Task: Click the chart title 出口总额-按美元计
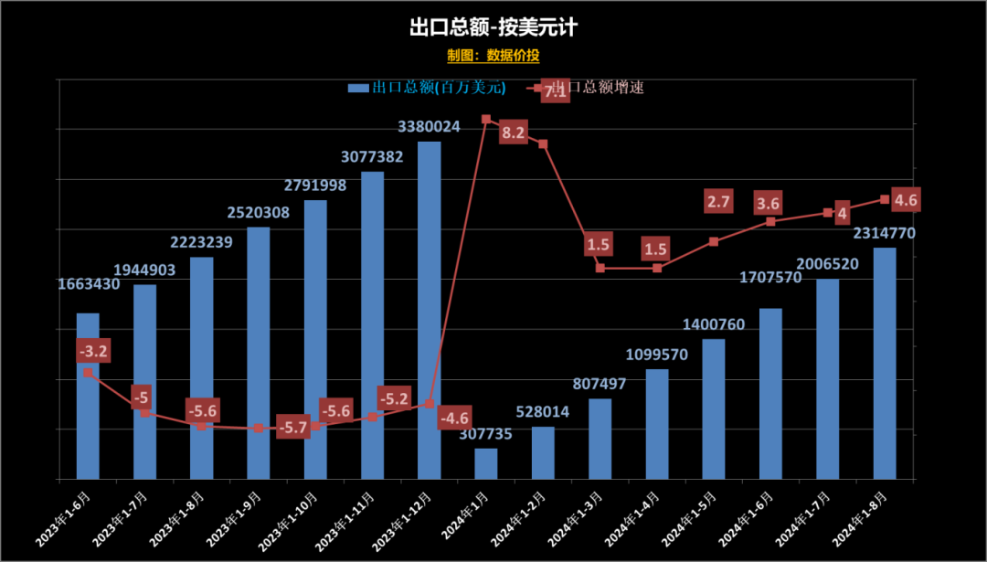click(x=493, y=27)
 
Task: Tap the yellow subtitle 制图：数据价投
click(x=493, y=56)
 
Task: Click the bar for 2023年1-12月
click(x=430, y=310)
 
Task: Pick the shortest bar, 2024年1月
click(x=486, y=463)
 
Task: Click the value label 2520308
click(x=259, y=212)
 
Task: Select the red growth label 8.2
click(x=514, y=133)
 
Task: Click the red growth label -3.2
click(x=93, y=351)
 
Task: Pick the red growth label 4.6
click(x=906, y=200)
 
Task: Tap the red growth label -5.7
click(x=292, y=426)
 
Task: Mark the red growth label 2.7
click(x=719, y=202)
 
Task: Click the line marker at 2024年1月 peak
click(x=486, y=120)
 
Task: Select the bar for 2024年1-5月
click(x=714, y=408)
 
